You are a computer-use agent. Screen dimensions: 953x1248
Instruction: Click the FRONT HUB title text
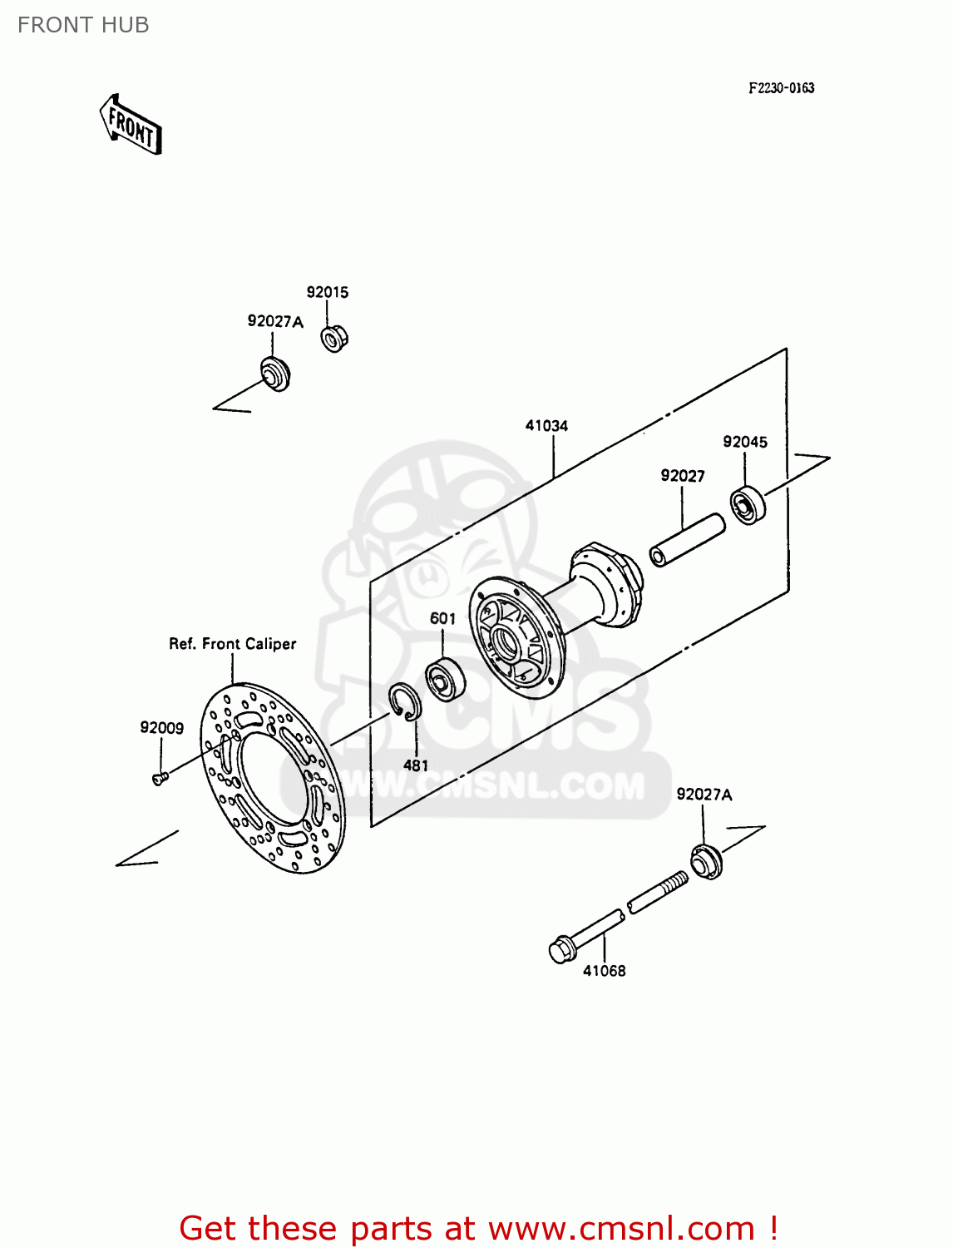pos(83,25)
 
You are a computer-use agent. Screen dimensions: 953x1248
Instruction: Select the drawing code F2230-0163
pos(781,88)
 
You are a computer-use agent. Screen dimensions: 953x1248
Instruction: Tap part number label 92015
pos(328,292)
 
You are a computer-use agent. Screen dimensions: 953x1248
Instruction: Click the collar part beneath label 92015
pos(334,338)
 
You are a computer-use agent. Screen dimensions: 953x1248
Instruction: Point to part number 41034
pos(546,426)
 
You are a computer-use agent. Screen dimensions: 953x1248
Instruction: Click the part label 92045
pos(745,442)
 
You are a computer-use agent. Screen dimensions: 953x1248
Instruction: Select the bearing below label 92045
pos(748,505)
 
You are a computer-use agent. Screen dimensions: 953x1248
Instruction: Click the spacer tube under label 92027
pos(687,541)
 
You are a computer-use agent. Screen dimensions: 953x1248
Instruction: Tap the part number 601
pos(442,618)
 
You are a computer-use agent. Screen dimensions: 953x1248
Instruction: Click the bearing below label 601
pos(445,677)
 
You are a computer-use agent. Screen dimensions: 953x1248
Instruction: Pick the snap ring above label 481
pos(405,703)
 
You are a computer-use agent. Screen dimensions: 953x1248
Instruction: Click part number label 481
pos(416,765)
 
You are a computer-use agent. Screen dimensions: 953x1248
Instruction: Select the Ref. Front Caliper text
pos(233,644)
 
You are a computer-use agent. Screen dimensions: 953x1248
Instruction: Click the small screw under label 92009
pos(160,778)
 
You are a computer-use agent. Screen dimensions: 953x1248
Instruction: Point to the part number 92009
pos(161,728)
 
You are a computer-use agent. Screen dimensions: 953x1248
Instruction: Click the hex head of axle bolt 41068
pos(563,949)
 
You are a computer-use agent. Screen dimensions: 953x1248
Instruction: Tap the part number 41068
pos(605,971)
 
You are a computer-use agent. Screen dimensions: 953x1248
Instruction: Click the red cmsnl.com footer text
pos(478,1228)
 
